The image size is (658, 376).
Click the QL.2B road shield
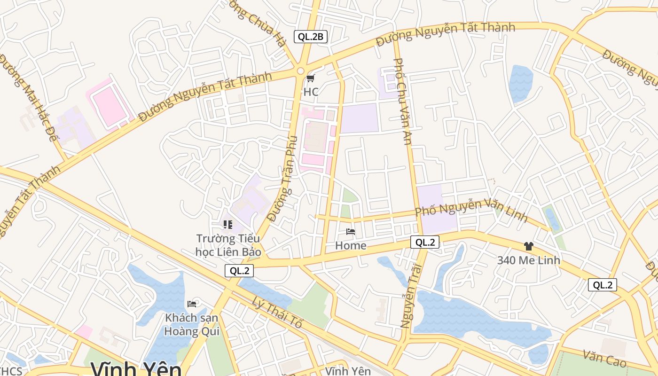tap(310, 37)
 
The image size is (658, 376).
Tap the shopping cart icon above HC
tap(310, 78)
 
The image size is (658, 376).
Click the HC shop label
tap(311, 92)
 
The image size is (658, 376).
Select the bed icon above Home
tap(351, 232)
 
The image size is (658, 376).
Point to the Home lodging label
tap(351, 245)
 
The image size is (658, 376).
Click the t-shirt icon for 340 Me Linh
tap(529, 246)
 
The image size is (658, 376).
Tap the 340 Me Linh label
tap(529, 260)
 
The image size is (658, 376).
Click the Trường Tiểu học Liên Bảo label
tap(228, 245)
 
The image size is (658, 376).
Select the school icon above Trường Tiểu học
tap(228, 225)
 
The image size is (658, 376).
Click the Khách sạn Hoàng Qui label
tap(191, 324)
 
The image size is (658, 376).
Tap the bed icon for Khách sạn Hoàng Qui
tap(192, 304)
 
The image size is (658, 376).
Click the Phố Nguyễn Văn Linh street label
tap(470, 210)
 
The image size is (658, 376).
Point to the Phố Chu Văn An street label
tap(402, 101)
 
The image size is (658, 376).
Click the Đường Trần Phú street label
tap(282, 179)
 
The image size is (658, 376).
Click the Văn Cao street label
tap(604, 359)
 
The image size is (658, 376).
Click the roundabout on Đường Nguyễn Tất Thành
tap(300, 71)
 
